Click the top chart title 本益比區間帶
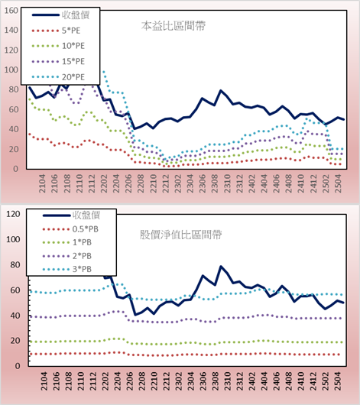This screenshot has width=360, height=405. click(x=174, y=26)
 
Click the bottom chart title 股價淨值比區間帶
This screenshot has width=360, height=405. click(x=180, y=235)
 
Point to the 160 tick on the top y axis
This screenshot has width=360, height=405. click(x=11, y=11)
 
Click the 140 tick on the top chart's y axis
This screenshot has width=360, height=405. click(x=11, y=31)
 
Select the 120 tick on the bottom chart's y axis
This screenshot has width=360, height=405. click(x=13, y=214)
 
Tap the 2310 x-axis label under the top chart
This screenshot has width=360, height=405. click(x=227, y=183)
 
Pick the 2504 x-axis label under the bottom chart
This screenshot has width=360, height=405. click(x=338, y=381)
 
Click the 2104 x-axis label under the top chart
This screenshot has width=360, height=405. click(x=42, y=183)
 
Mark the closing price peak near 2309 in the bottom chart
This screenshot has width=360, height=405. click(x=221, y=266)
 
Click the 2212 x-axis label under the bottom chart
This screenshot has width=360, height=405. click(x=166, y=381)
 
